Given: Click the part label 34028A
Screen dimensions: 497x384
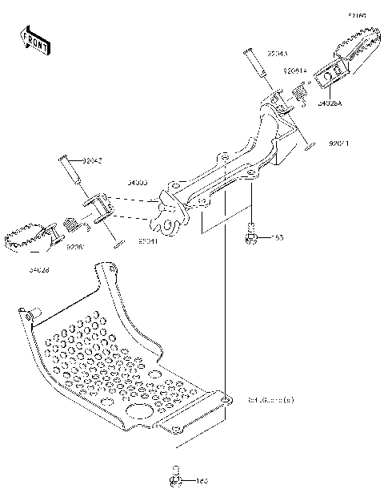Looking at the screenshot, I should pos(332,103).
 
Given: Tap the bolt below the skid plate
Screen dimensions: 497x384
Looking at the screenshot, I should pos(174,479).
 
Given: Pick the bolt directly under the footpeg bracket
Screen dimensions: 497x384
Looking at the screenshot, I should pos(250,236).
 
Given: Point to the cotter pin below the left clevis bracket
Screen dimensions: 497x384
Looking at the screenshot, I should pos(116,244).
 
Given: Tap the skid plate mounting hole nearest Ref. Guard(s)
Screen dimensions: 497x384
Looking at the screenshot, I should pos(226,398).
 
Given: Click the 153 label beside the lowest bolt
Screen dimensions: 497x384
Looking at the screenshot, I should pos(202,481).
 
